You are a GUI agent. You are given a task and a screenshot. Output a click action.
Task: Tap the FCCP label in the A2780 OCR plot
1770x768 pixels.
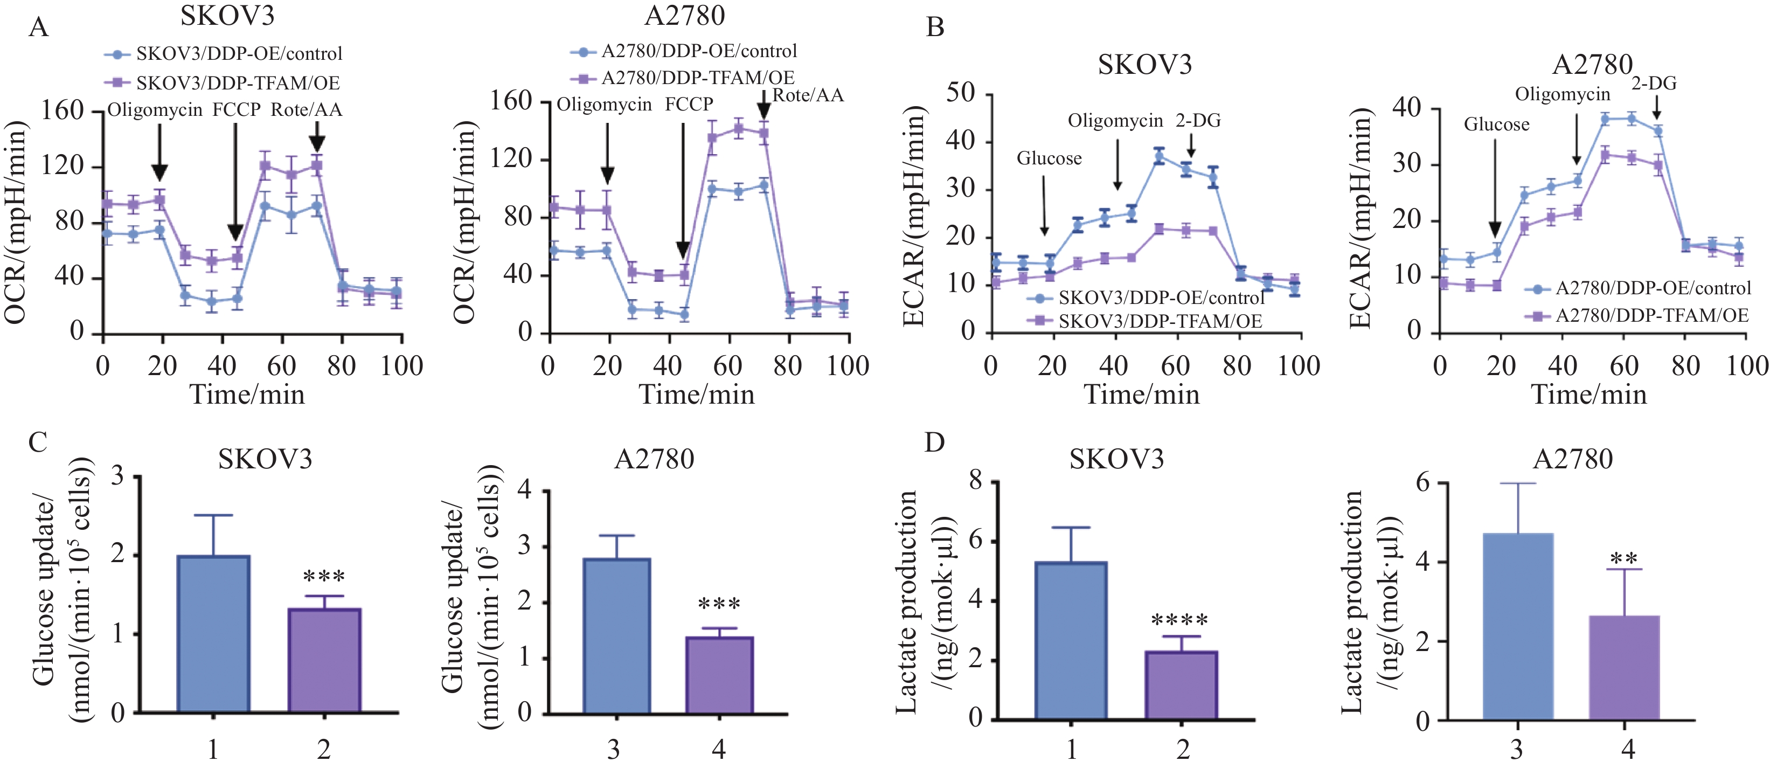pos(689,105)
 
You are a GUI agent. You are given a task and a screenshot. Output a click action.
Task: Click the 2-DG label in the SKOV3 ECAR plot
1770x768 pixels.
pos(1198,121)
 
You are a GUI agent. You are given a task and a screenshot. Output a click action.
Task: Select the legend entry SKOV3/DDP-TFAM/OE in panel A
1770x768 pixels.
pos(237,83)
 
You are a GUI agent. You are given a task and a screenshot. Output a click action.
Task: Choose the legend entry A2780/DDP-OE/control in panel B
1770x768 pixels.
pos(1653,288)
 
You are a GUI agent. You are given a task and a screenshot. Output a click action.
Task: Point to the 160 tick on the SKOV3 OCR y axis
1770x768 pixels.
pos(63,110)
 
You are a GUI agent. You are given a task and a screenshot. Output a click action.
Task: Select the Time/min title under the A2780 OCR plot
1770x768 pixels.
pos(697,395)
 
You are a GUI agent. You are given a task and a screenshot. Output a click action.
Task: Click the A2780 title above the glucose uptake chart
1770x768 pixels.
pos(654,459)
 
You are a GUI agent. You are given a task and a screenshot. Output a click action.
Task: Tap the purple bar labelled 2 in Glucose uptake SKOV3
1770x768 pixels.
pos(324,660)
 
